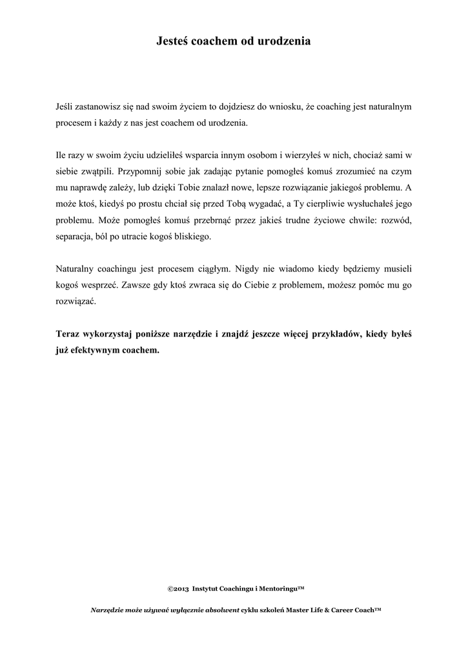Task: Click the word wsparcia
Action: pos(205,155)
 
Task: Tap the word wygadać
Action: pos(258,204)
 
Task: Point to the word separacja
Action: pos(76,237)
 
